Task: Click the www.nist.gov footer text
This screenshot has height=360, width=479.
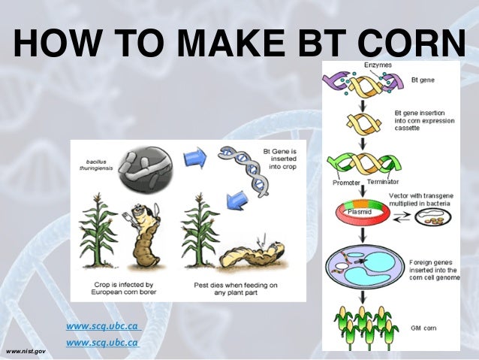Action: (x=25, y=351)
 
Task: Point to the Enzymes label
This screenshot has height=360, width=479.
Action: (x=378, y=66)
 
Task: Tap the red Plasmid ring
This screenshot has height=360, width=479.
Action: (x=361, y=213)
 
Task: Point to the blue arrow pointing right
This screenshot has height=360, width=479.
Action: (x=195, y=156)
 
